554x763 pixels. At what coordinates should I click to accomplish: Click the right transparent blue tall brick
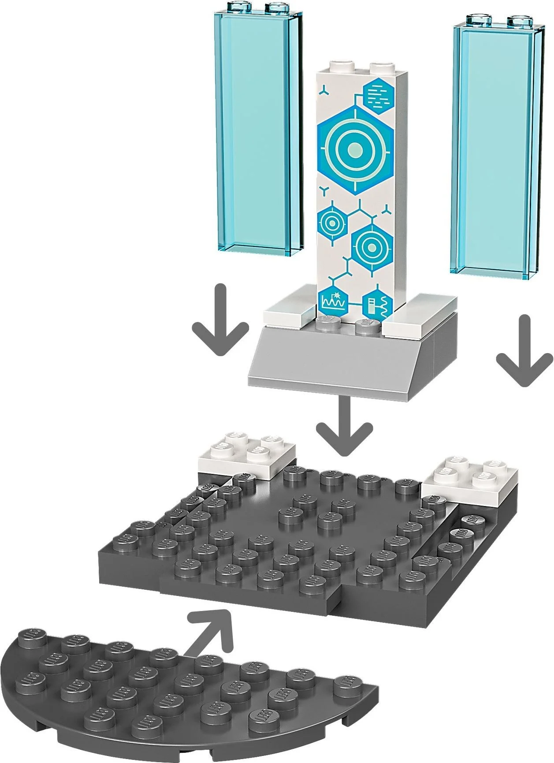496,145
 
